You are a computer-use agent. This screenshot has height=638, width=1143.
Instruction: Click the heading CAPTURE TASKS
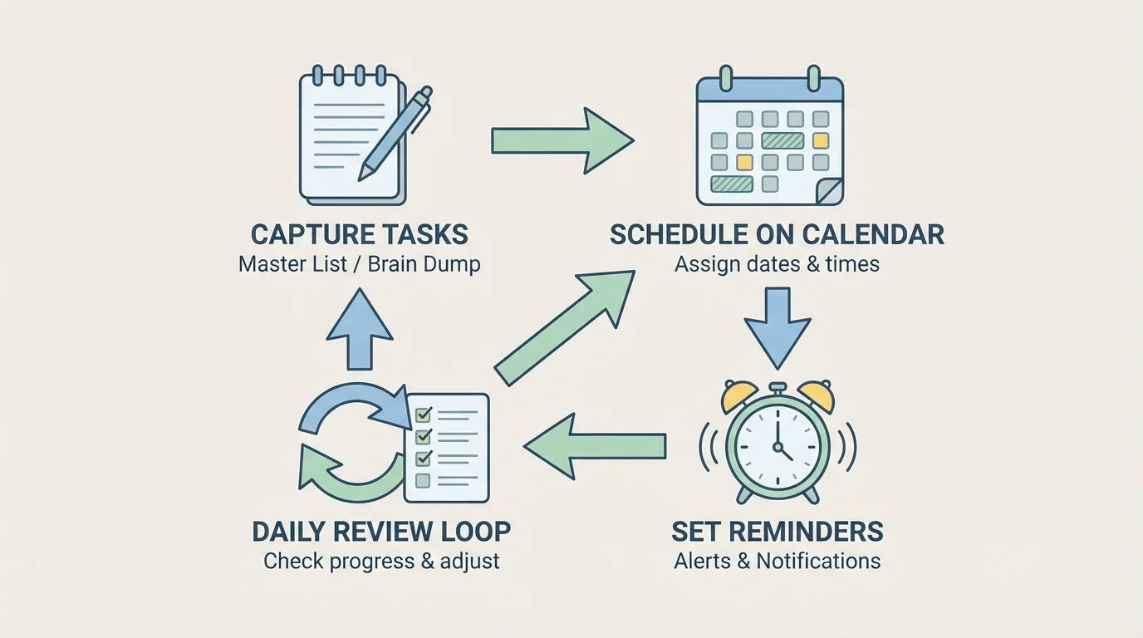click(x=359, y=234)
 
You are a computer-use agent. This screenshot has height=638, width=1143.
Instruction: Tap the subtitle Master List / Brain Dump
click(x=359, y=265)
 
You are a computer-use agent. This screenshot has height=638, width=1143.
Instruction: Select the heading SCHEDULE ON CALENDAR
click(x=777, y=234)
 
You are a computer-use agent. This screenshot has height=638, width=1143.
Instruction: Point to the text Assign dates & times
click(x=777, y=265)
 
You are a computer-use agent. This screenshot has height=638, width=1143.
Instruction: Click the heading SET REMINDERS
click(x=777, y=531)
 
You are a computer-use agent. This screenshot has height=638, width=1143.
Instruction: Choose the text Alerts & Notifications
click(x=777, y=561)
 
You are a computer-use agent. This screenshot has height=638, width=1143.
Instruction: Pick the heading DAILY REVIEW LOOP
click(x=381, y=531)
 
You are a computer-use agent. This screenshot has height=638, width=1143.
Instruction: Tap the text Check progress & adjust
click(x=381, y=561)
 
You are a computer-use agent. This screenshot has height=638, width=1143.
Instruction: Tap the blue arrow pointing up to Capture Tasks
click(x=359, y=329)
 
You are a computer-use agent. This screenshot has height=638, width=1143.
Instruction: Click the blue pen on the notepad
click(x=396, y=133)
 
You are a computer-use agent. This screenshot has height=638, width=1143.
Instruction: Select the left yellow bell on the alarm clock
click(x=738, y=396)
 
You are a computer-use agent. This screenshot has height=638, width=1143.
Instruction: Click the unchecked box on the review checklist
click(x=422, y=480)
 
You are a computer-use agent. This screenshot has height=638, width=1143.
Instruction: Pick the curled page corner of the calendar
click(x=829, y=192)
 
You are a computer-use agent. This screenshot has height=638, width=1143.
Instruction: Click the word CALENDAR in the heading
click(x=883, y=234)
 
